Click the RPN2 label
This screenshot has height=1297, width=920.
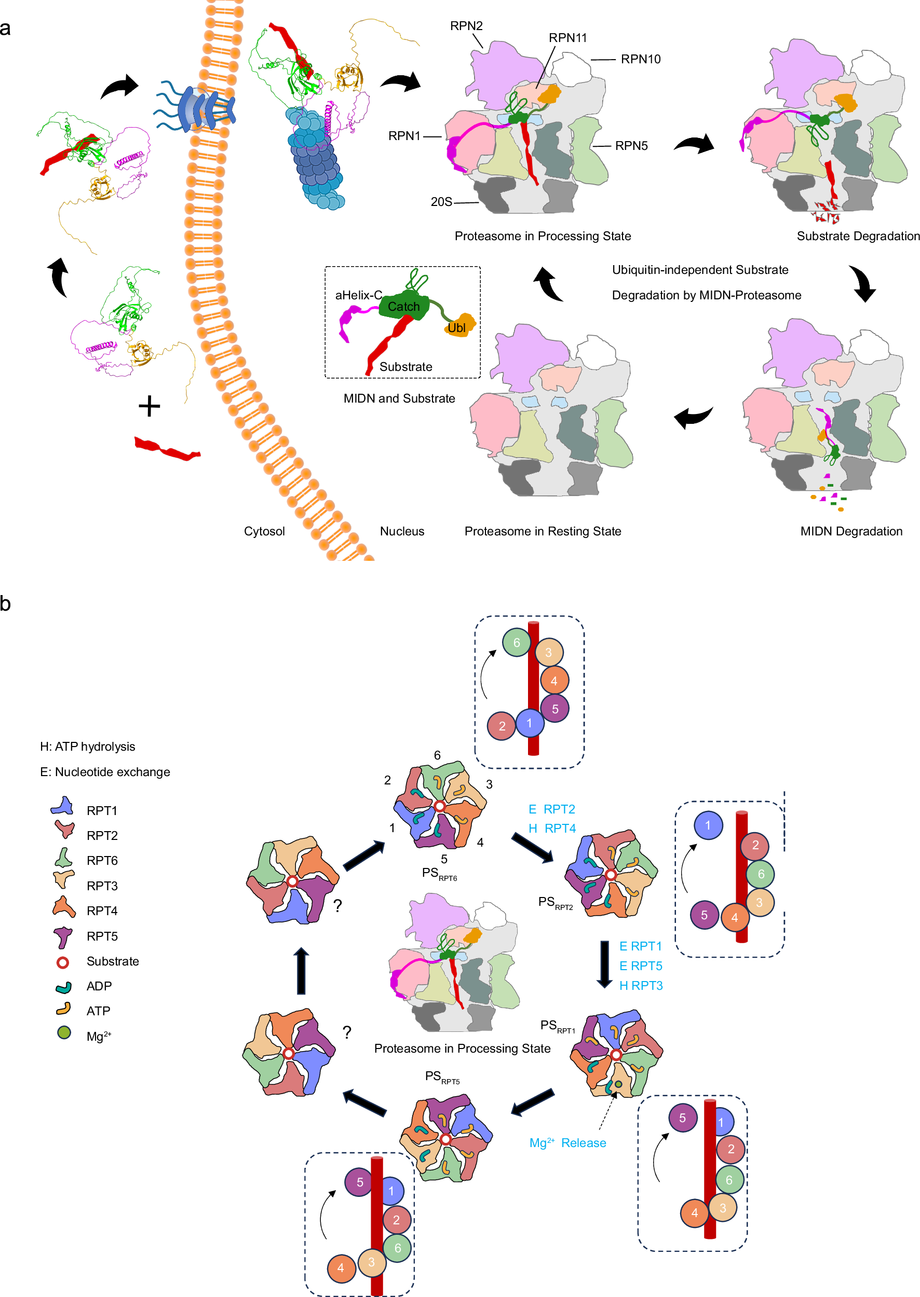466,26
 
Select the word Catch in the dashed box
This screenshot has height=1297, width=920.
403,307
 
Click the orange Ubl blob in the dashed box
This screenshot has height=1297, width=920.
459,326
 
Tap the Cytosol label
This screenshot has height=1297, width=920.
264,531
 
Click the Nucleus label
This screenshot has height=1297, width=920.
402,531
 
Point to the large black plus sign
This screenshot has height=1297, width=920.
149,406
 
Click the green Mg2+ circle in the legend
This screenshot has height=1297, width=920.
64,1032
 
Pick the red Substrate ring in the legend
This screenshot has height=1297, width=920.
63,962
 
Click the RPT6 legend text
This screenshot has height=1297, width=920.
102,861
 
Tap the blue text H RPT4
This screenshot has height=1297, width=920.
552,828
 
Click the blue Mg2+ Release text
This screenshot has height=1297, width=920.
567,1142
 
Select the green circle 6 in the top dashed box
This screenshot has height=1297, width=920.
516,643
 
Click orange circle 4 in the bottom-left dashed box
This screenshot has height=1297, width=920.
341,1267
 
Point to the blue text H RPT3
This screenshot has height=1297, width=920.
641,986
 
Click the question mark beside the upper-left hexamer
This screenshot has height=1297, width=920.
337,906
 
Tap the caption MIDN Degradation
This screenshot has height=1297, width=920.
851,531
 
